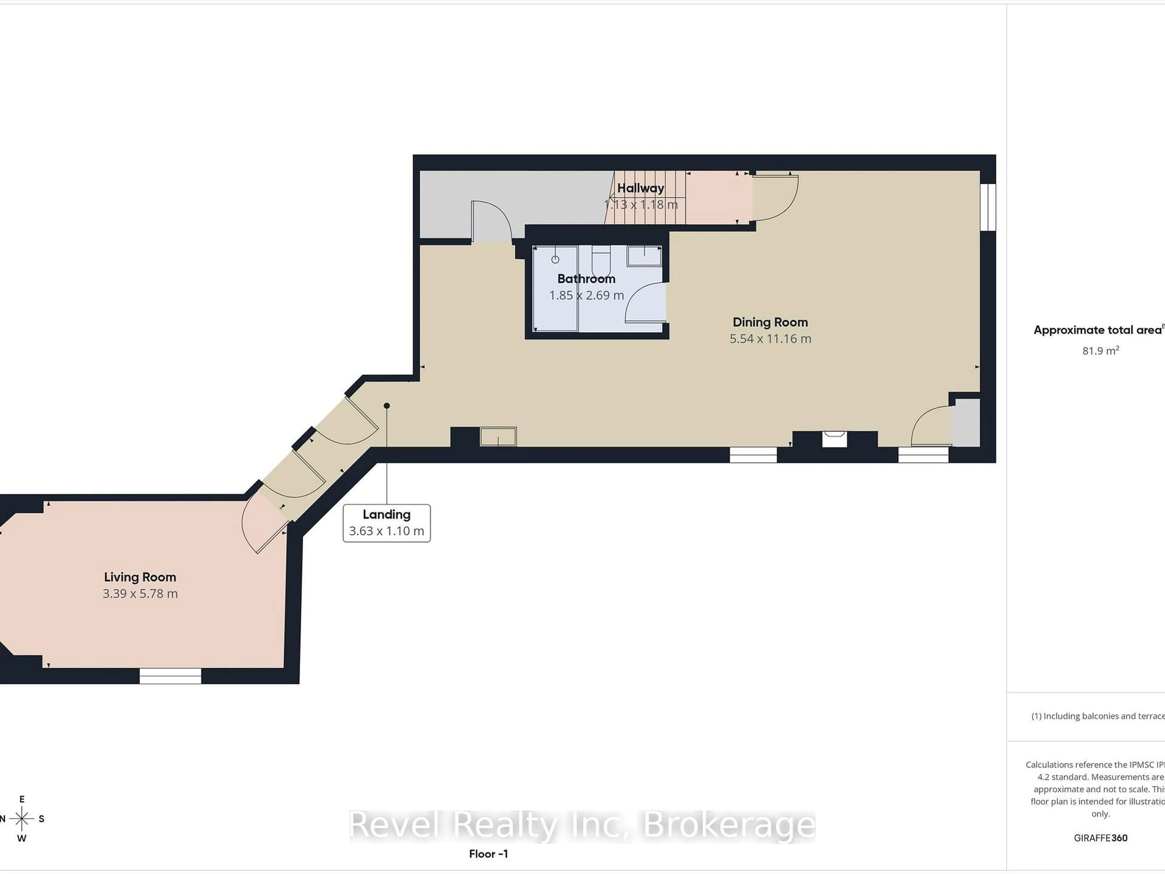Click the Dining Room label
[770, 322]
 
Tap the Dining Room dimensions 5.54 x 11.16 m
[770, 339]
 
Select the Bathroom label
[586, 279]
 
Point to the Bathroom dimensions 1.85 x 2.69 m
[586, 296]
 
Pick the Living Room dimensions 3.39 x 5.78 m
[140, 594]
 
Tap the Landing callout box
[387, 523]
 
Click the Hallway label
[640, 188]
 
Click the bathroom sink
[643, 256]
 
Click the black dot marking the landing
[387, 406]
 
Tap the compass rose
[22, 819]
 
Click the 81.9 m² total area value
[1100, 351]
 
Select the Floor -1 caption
[488, 854]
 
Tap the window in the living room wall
[170, 676]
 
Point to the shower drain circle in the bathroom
[555, 260]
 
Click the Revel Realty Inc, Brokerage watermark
[582, 825]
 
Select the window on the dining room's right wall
[988, 207]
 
